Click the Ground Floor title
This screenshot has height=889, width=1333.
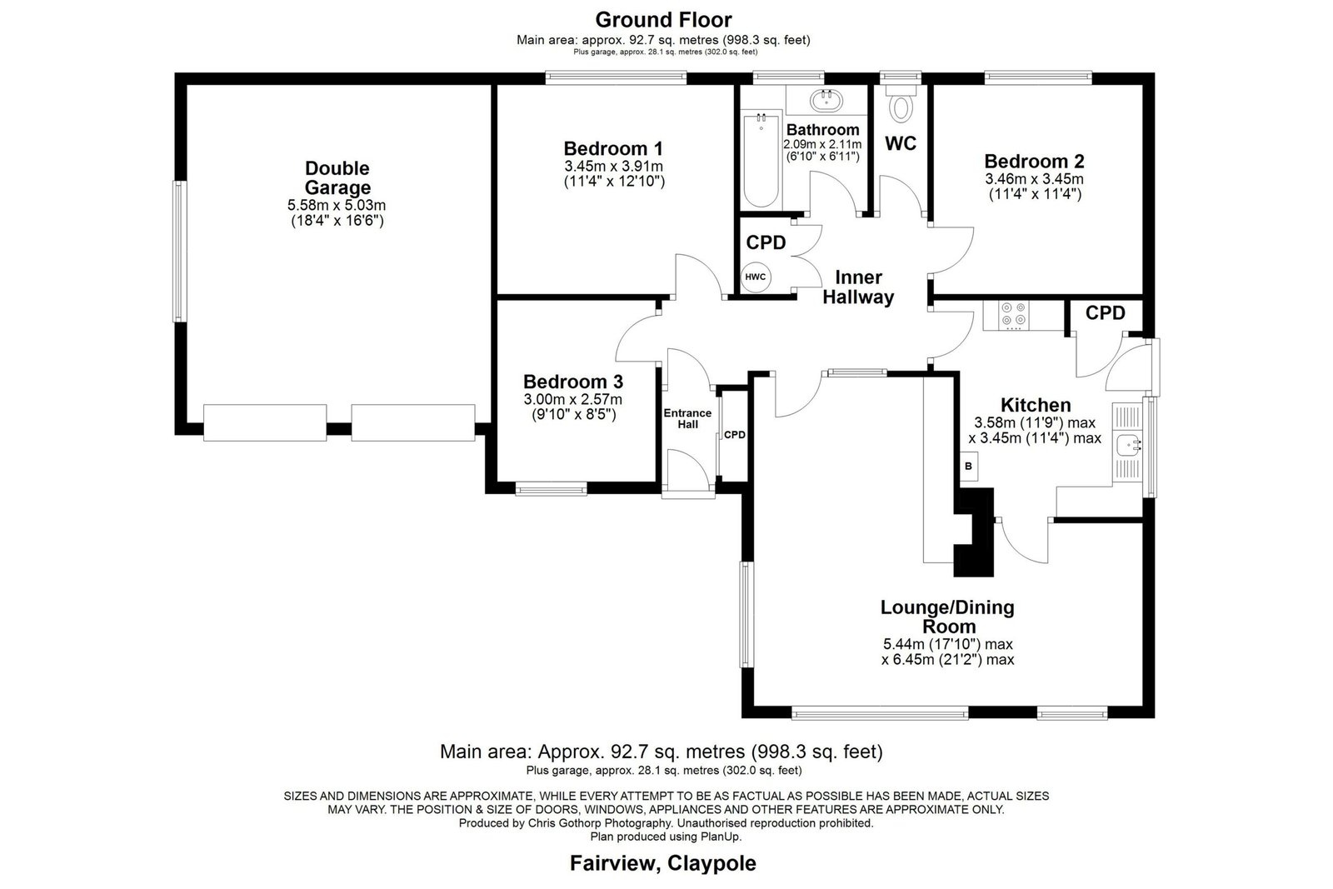[663, 20]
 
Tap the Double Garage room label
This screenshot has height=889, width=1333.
[337, 177]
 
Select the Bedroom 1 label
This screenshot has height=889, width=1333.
[613, 148]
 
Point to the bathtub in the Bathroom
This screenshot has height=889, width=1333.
[761, 159]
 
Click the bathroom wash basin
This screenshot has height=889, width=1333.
[826, 100]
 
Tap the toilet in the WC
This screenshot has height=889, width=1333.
[901, 103]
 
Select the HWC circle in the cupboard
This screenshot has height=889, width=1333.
[756, 277]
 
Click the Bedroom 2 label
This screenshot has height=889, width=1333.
[1034, 162]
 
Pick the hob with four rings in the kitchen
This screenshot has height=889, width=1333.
[1013, 316]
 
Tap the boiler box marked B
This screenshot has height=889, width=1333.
[968, 467]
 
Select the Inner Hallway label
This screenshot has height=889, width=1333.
[858, 287]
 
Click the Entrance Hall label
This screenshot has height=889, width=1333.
[687, 418]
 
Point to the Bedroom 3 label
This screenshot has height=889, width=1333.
[573, 382]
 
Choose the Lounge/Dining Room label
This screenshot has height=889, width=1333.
[948, 617]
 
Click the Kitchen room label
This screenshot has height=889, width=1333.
[1036, 405]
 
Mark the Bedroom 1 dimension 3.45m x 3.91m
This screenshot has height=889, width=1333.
[613, 167]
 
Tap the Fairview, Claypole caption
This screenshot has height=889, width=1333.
[663, 863]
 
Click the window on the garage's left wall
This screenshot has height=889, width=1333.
[180, 251]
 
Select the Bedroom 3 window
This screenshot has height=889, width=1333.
[551, 490]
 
